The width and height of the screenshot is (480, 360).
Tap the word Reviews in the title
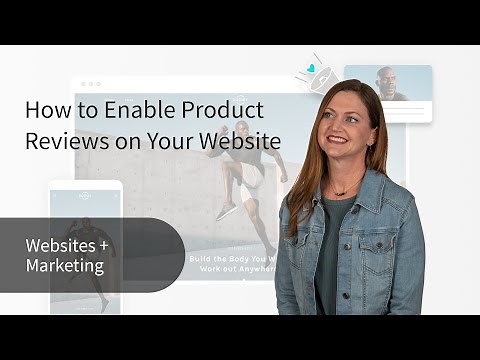[59, 141]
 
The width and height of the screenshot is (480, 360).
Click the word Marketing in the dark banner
[66, 265]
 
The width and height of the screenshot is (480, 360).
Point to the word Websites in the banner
[59, 245]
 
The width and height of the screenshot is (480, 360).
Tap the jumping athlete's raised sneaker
[227, 210]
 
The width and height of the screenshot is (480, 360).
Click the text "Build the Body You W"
[231, 258]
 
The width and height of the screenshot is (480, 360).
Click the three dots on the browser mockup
[90, 84]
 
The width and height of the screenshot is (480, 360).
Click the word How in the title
[42, 110]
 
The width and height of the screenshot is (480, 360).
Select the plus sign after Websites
[100, 245]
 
